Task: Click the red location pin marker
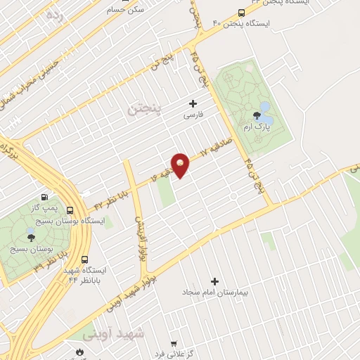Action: click(180, 165)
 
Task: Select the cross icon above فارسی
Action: click(193, 103)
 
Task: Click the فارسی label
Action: click(193, 114)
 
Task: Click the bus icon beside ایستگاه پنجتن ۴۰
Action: click(242, 13)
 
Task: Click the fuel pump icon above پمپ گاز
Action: click(46, 198)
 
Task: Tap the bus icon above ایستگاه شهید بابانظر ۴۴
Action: click(85, 259)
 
